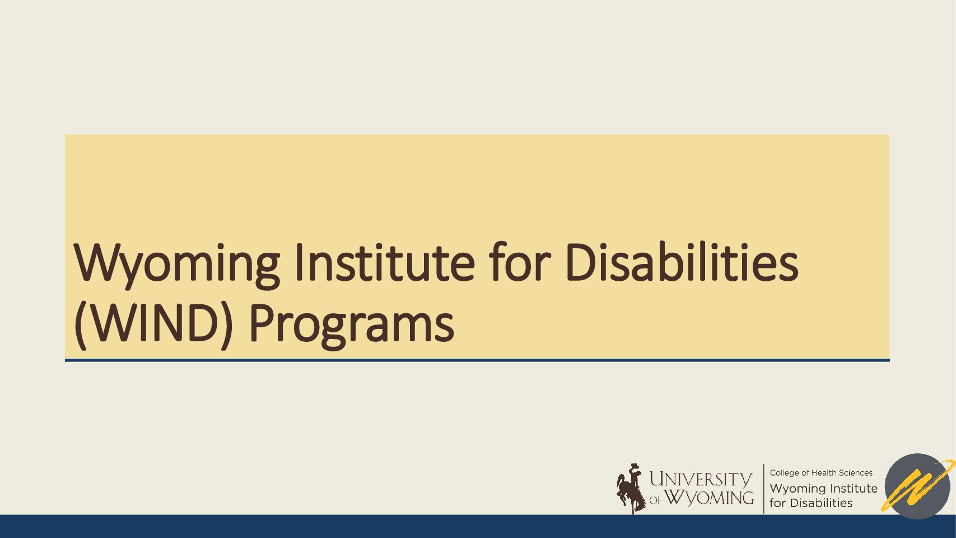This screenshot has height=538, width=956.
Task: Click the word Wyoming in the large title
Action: (x=177, y=264)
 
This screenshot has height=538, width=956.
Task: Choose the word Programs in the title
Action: (x=351, y=325)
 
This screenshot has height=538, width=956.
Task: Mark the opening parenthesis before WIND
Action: (x=80, y=324)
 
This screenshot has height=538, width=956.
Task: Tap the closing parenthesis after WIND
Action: (x=226, y=324)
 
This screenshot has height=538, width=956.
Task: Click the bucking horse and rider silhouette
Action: (x=631, y=488)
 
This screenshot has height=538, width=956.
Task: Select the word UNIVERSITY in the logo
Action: (x=700, y=479)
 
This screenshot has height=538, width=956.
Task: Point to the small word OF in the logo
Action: (x=655, y=500)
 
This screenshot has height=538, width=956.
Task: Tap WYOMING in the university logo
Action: (x=709, y=498)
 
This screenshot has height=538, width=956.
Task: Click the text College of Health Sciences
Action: (x=820, y=473)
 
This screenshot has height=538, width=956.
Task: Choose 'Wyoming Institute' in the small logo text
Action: (x=823, y=488)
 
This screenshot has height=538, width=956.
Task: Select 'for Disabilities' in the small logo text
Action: (x=810, y=503)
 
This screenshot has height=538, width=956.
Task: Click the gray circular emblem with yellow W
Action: (x=917, y=486)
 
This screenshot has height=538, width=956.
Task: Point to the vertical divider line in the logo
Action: (x=764, y=488)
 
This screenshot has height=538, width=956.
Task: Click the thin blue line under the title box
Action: (x=477, y=360)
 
